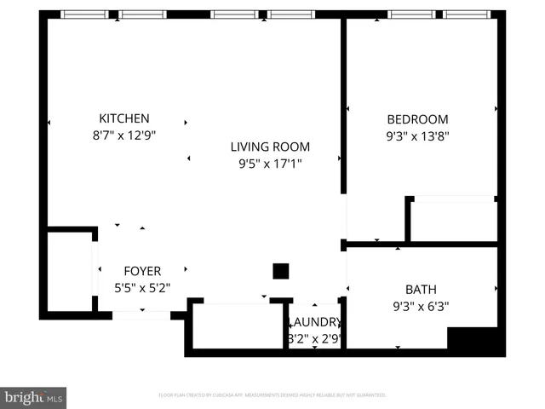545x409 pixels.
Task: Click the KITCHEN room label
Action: (124, 118)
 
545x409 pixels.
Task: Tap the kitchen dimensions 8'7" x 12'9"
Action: (124, 135)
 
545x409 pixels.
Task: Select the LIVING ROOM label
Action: (270, 147)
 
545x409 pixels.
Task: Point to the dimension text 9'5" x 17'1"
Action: (270, 163)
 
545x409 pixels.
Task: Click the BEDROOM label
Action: (416, 119)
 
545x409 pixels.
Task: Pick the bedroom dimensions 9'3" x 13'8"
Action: (416, 135)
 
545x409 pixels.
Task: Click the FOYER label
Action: (142, 272)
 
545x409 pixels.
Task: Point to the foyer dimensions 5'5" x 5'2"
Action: (142, 288)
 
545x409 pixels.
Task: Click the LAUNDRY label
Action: (316, 323)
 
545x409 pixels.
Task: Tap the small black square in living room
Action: (280, 271)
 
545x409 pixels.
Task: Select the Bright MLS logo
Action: (34, 397)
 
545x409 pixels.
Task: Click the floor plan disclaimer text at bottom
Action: (272, 395)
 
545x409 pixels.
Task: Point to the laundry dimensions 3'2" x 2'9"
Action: (316, 338)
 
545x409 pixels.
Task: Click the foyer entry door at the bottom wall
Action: (141, 315)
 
